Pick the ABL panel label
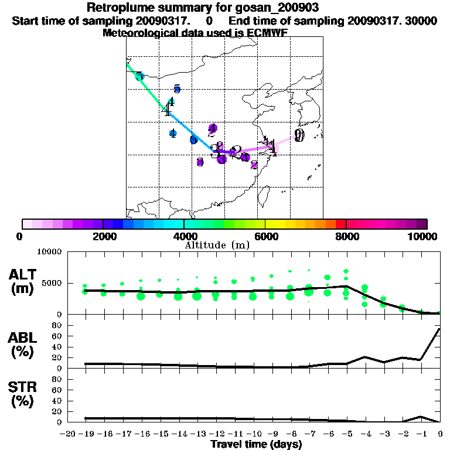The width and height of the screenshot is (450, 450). coord(23,338)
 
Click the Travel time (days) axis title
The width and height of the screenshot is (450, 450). coord(256,444)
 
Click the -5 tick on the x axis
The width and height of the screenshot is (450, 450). coord(346,434)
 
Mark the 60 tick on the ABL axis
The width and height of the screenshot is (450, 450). coord(57,336)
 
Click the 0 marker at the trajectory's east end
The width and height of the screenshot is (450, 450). coord(299,136)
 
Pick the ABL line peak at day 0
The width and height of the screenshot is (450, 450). coord(440,329)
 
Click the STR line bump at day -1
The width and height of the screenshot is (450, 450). coord(421,417)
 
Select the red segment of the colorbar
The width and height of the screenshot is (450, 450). coord(341,224)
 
